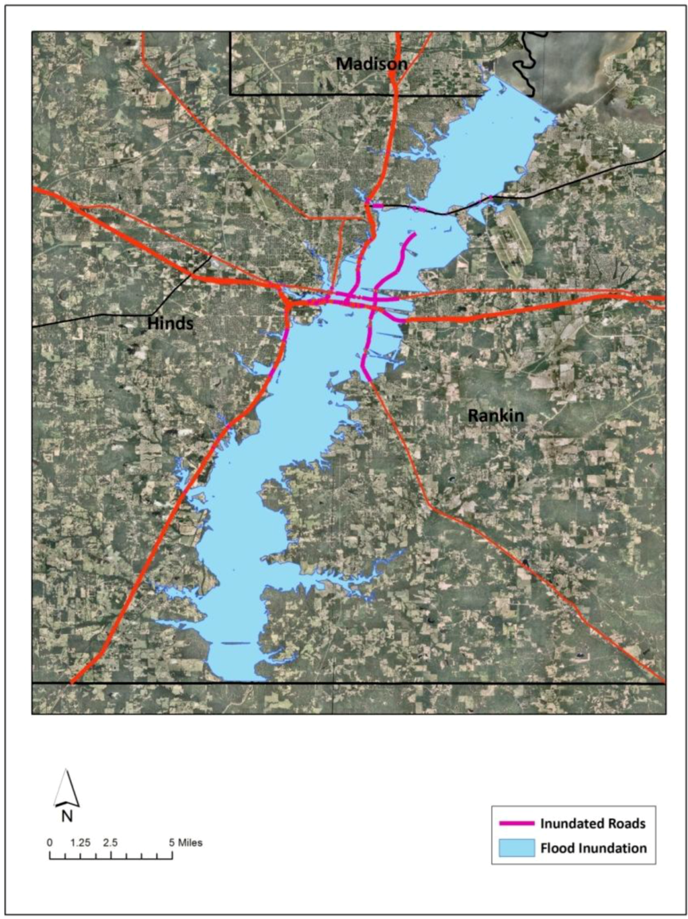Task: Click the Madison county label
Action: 372,64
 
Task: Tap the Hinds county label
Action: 170,323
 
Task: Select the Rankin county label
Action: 495,415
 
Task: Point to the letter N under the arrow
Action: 67,816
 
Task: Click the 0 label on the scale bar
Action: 49,842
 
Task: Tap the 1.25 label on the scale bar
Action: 80,842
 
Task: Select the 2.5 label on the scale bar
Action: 110,842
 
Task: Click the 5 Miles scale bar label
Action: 185,842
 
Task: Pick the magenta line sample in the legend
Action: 517,824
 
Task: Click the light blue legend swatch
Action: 517,848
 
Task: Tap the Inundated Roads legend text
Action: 593,824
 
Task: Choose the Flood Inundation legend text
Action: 593,848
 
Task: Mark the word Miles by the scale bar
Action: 189,842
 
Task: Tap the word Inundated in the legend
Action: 571,824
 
